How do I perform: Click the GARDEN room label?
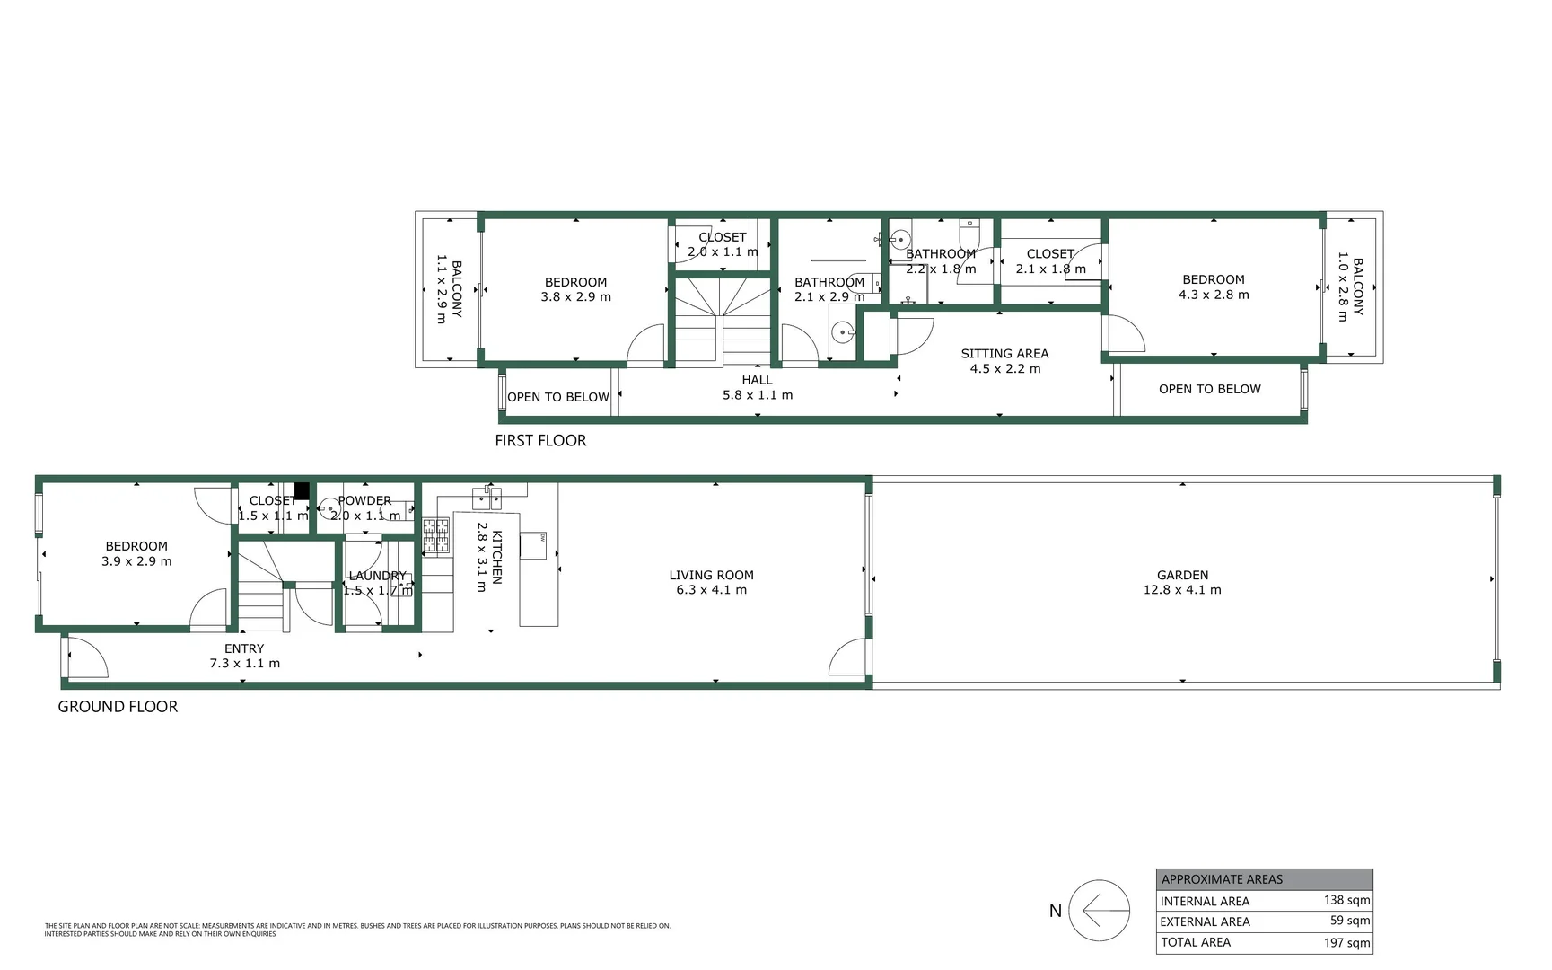click(1181, 575)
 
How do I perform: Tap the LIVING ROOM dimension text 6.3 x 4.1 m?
click(711, 590)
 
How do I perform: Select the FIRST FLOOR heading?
click(540, 440)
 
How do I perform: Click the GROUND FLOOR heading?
click(118, 707)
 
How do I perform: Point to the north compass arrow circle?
click(1099, 910)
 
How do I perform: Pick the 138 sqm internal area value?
click(1346, 900)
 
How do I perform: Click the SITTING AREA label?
click(1004, 354)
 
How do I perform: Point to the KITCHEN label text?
click(496, 557)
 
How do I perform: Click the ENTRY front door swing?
click(87, 657)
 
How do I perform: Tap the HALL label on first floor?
click(757, 380)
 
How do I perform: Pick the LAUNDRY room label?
click(377, 576)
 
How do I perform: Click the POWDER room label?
click(364, 500)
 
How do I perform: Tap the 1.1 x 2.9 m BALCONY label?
click(449, 289)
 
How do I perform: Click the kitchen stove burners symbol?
click(435, 534)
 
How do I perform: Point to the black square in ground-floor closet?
click(302, 490)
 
